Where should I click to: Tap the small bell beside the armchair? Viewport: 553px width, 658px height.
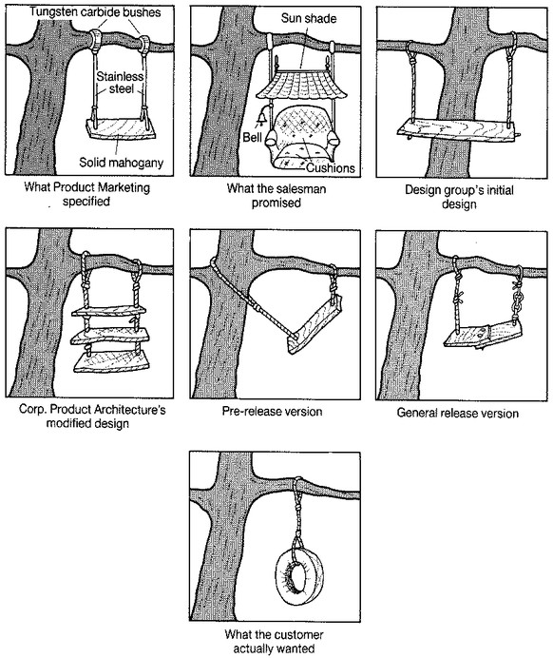click(x=260, y=116)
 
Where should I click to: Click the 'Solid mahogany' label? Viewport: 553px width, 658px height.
click(x=122, y=163)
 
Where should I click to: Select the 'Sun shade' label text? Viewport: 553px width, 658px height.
click(x=308, y=18)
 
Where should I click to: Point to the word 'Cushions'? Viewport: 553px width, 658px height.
click(x=331, y=168)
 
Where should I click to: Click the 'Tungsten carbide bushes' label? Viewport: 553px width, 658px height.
click(x=95, y=11)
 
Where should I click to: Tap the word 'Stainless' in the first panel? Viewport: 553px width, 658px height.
click(x=120, y=76)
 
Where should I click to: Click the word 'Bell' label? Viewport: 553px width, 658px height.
click(x=252, y=137)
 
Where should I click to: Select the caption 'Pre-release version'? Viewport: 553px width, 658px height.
click(x=272, y=411)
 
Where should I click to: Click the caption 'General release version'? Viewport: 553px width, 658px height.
click(x=457, y=413)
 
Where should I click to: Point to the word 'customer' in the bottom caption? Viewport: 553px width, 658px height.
click(x=297, y=634)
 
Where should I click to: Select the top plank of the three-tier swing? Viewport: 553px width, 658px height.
click(x=109, y=311)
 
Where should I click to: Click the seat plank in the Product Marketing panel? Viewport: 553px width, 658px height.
click(x=121, y=129)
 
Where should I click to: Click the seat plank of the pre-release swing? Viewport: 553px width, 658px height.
click(x=315, y=325)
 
